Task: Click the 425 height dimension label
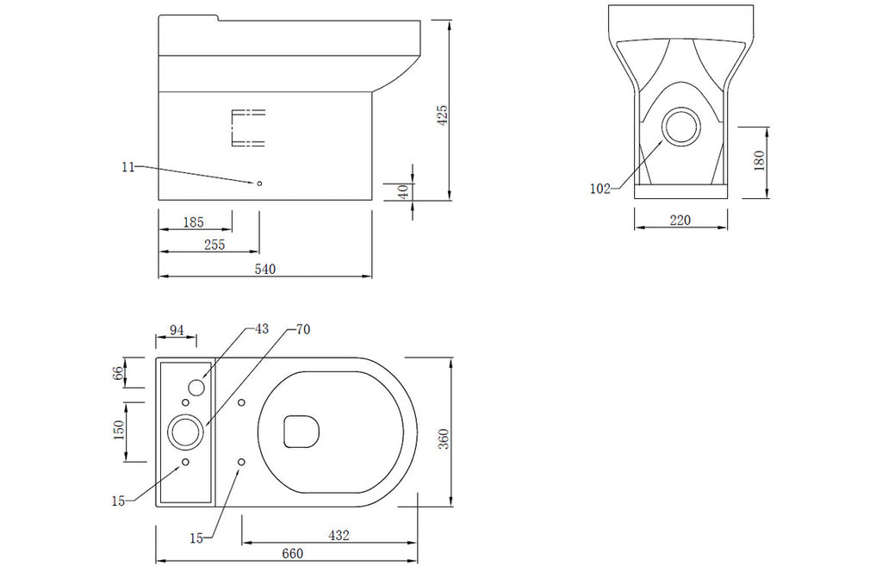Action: point(443,115)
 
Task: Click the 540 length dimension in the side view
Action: point(265,269)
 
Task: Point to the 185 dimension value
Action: point(194,222)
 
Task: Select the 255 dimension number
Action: point(214,245)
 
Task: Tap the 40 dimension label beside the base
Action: point(403,191)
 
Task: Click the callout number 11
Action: point(128,167)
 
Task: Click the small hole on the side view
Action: point(259,183)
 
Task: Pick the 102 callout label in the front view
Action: point(599,189)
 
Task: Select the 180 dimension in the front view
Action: point(759,161)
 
